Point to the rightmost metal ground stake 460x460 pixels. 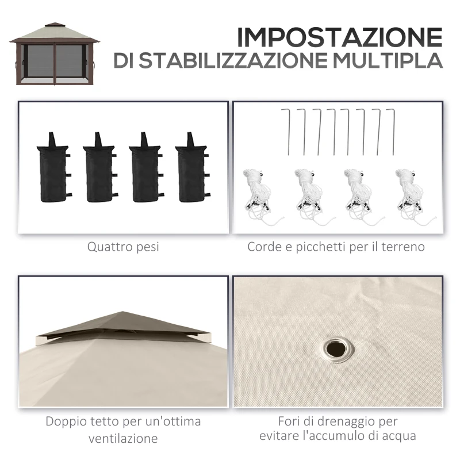[x=393, y=130]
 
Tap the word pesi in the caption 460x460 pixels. [x=147, y=248]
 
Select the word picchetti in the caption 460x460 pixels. [x=321, y=247]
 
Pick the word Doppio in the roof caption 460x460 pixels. [x=65, y=422]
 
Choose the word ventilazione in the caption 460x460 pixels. [x=123, y=439]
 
